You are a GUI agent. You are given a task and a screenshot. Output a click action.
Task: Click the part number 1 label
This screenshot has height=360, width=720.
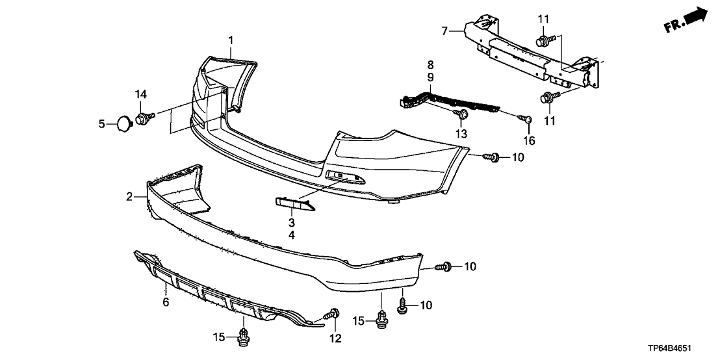tap(231, 42)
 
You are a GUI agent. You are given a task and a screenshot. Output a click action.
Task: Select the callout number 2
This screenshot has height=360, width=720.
tap(129, 196)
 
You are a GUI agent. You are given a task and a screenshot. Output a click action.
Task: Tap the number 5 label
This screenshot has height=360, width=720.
tap(101, 123)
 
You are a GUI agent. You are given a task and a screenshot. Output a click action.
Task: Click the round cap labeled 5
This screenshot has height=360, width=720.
tap(122, 122)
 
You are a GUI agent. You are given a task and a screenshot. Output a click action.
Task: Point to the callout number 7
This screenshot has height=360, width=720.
tap(444, 31)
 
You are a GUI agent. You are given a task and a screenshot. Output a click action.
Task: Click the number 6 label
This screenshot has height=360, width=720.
tap(166, 302)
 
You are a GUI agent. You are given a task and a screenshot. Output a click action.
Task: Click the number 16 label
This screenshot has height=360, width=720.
tap(530, 140)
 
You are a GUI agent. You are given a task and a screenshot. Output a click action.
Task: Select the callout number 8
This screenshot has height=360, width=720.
tap(430, 64)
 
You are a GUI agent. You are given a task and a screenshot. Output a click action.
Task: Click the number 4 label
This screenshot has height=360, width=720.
tap(292, 235)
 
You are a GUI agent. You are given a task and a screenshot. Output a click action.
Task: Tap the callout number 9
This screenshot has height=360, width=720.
tap(430, 77)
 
